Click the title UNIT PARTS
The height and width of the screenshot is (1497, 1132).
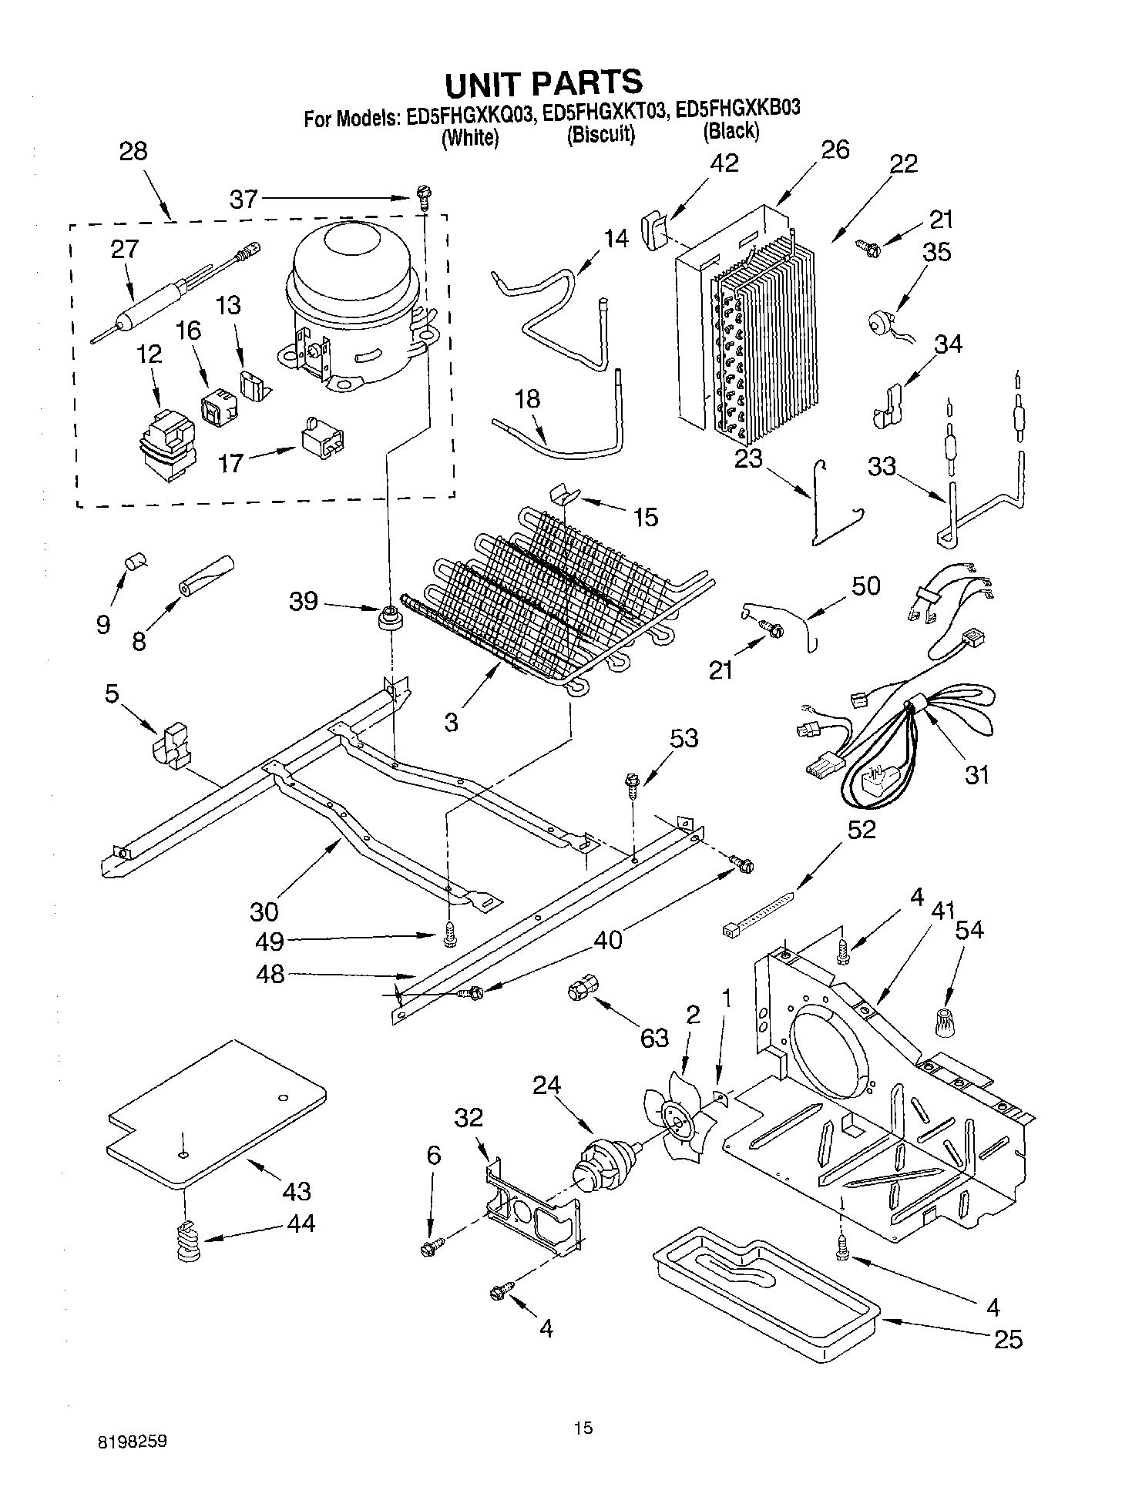543,82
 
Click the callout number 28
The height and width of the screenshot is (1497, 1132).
133,151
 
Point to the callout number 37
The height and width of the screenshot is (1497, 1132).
244,200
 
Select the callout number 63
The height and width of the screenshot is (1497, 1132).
654,1038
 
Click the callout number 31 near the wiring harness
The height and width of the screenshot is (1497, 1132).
977,774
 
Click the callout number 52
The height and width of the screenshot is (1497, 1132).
862,829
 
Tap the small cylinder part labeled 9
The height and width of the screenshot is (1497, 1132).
136,562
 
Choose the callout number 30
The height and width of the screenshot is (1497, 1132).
264,911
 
